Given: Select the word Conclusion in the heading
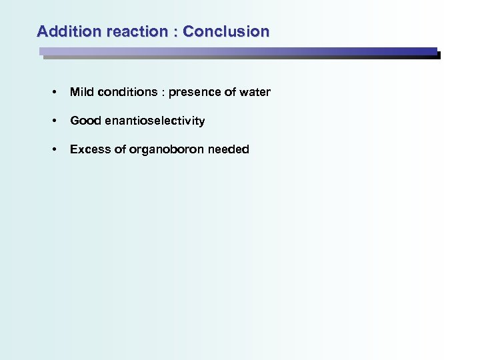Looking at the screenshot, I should pos(226,31).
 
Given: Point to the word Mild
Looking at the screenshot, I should pos(80,92).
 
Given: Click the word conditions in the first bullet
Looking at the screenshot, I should pos(126,92).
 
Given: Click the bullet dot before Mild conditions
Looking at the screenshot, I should pos(53,93).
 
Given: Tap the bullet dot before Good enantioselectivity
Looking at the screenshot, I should pos(53,121).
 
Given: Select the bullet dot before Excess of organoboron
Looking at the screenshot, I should pos(53,150).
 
